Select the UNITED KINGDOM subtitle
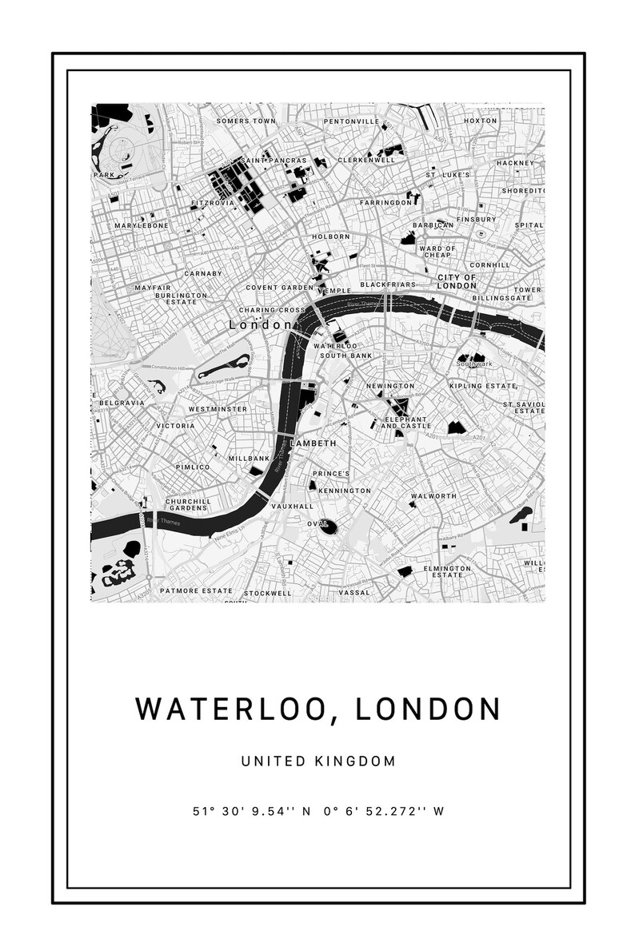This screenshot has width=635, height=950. coord(318,761)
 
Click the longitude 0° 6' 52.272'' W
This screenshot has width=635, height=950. coord(384,811)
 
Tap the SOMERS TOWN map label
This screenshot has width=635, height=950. coord(246,121)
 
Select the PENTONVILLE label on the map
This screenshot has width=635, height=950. coord(351,121)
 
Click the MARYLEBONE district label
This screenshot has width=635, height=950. coord(142,226)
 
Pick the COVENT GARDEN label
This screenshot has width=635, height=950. coord(280,288)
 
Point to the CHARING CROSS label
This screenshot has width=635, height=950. coord(272,309)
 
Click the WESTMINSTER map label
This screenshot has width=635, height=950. coord(218,409)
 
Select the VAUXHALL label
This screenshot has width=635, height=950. coord(292,507)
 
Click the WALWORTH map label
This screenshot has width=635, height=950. coord(433,496)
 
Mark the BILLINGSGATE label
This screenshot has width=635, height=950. coord(501,297)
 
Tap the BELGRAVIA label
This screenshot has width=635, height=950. coord(122,403)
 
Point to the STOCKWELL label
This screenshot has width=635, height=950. coord(268,594)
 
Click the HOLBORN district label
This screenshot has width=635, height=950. coord(331,237)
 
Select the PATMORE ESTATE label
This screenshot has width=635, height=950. coord(196,591)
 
